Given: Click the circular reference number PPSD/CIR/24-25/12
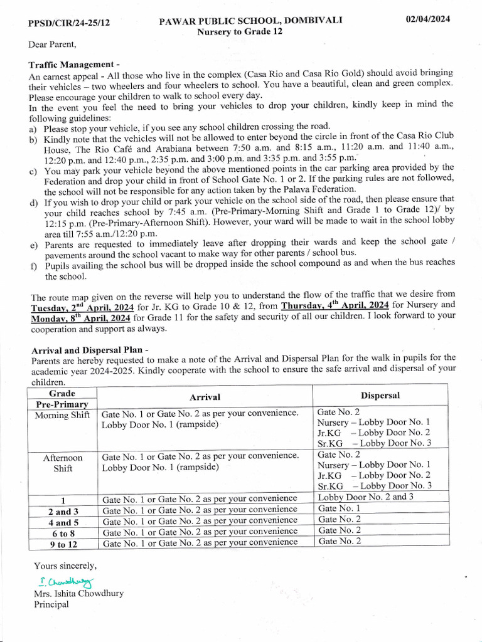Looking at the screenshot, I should pyautogui.click(x=69, y=23).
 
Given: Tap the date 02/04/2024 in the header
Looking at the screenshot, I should pyautogui.click(x=428, y=19).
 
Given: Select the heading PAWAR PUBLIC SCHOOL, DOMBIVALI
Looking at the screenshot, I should pyautogui.click(x=250, y=21).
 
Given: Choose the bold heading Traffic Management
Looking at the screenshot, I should pyautogui.click(x=74, y=65).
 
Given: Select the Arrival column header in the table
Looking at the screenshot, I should pyautogui.click(x=205, y=397).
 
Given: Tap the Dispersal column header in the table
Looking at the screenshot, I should pyautogui.click(x=380, y=396).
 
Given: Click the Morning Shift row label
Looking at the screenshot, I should pyautogui.click(x=63, y=415).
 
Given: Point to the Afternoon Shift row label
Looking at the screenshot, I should pyautogui.click(x=63, y=463).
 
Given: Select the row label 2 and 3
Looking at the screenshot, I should pyautogui.click(x=63, y=512).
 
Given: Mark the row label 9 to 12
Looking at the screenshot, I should pyautogui.click(x=63, y=544).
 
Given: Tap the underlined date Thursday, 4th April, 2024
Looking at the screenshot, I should pyautogui.click(x=336, y=306).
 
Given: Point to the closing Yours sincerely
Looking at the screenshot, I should pyautogui.click(x=65, y=565).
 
